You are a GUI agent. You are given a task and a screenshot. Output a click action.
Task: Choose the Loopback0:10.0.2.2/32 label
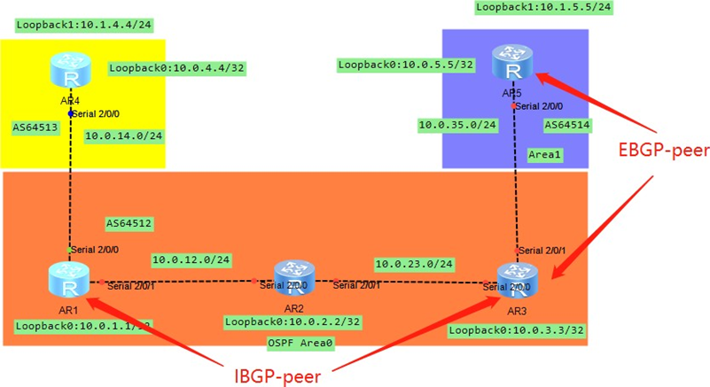click(293, 322)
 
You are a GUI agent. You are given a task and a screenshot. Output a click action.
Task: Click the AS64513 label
click(35, 127)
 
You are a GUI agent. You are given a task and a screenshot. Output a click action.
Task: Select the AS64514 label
click(567, 125)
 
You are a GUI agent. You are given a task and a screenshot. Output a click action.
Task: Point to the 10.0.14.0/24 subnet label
click(124, 136)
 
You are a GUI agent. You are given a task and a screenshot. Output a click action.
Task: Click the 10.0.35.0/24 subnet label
click(457, 126)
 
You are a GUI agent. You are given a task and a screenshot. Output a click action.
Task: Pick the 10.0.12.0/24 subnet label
click(192, 260)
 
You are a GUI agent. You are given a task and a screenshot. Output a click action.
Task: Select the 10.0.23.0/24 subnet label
click(415, 264)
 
